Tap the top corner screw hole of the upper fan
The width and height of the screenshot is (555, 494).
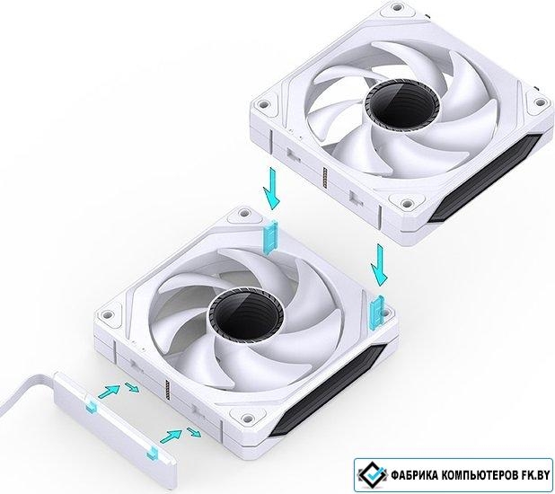[398, 7]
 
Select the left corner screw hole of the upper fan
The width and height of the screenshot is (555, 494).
[262, 104]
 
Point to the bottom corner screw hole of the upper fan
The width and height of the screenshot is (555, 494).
[407, 203]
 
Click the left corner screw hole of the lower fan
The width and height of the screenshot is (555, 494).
[107, 314]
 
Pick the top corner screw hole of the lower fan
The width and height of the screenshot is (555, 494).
[243, 213]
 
